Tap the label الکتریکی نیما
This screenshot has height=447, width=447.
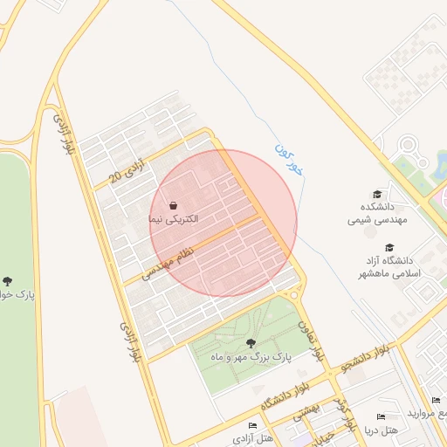tap(175, 219)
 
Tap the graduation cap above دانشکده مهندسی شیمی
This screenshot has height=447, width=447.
tap(377, 194)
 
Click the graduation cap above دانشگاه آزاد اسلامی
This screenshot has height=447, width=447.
tap(389, 248)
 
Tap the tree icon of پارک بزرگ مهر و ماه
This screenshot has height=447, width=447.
tap(251, 343)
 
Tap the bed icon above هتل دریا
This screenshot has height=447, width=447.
tap(380, 417)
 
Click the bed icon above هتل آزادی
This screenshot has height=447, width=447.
tap(252, 425)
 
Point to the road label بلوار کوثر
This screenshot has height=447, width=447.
tap(349, 414)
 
